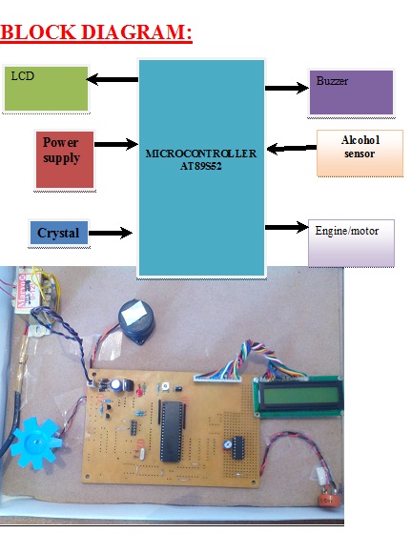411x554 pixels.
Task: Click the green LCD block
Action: (46, 89)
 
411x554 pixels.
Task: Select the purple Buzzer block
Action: (351, 92)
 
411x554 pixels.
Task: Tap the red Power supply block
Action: (65, 159)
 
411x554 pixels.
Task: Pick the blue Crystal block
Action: (59, 233)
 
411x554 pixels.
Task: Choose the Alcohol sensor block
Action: (360, 153)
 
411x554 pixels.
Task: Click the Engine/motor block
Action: (351, 243)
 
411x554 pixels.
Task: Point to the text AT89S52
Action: (200, 166)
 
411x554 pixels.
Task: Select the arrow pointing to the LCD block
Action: (113, 79)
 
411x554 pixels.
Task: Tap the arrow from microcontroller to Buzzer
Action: (287, 88)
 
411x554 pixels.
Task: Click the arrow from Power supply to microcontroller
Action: (116, 144)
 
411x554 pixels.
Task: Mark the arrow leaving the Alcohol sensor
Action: (292, 149)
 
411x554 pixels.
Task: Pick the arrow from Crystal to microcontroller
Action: (111, 233)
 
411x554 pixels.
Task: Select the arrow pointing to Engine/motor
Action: (287, 227)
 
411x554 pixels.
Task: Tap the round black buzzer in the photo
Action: (136, 320)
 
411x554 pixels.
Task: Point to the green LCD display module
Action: (298, 397)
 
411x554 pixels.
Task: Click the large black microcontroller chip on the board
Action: (172, 431)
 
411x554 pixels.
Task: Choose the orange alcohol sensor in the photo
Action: (328, 500)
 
